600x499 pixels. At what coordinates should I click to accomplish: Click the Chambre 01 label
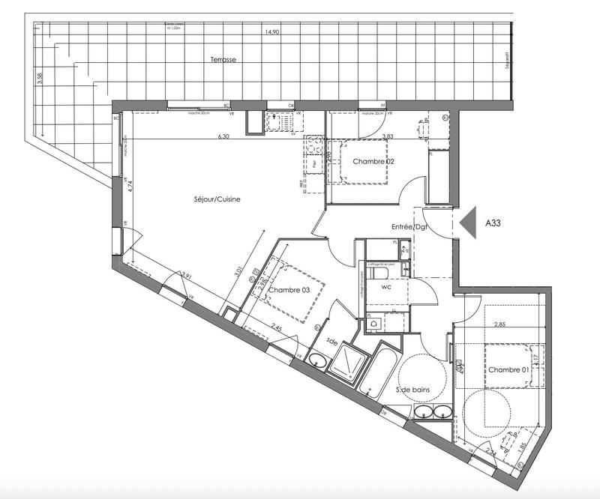(x=510, y=370)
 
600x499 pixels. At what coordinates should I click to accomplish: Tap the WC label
(x=387, y=285)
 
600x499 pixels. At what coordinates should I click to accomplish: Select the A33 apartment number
(x=494, y=223)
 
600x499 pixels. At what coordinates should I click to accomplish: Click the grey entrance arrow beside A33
(x=469, y=223)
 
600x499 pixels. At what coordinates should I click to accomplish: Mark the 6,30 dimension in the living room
(x=223, y=136)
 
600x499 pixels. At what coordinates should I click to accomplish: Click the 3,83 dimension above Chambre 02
(x=388, y=136)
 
